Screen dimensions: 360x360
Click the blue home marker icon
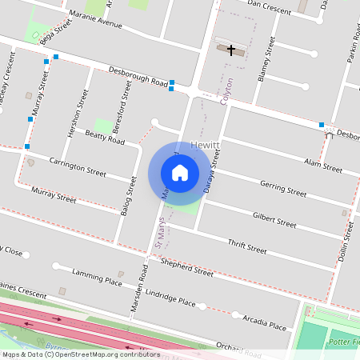(x=180, y=173)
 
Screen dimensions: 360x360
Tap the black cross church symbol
(x=231, y=50)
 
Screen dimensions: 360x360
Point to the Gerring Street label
(x=282, y=188)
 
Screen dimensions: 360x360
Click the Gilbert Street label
(x=274, y=218)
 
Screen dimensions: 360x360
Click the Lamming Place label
(x=97, y=278)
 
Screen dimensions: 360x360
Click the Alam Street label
(x=323, y=166)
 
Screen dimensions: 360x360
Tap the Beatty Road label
(x=106, y=139)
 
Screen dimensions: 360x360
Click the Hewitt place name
(x=206, y=145)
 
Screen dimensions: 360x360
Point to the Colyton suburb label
(x=229, y=90)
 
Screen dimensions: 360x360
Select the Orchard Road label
(x=238, y=347)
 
